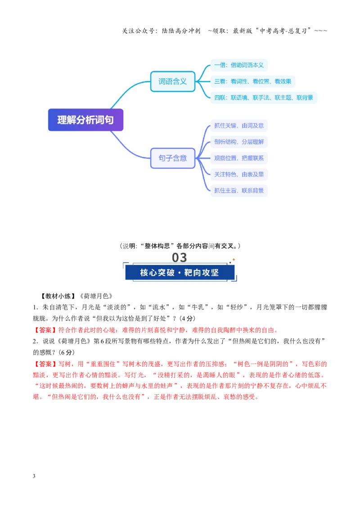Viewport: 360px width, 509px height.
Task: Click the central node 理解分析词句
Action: point(86,120)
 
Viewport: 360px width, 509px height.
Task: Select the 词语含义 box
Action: point(172,81)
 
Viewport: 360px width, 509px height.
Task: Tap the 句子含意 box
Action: point(172,158)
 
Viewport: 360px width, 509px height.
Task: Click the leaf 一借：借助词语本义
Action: point(239,65)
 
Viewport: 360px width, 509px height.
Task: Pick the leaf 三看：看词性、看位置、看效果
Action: point(252,81)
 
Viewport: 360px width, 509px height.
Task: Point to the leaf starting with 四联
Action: point(264,98)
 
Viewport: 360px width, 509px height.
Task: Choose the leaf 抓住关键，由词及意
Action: point(239,125)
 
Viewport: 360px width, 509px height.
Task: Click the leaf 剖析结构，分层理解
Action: point(239,142)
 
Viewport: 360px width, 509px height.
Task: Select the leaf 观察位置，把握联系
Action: point(239,158)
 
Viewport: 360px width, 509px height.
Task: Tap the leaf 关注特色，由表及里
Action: point(239,174)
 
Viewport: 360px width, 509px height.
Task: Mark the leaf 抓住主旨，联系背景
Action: point(239,191)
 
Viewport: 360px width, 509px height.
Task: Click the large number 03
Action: point(180,257)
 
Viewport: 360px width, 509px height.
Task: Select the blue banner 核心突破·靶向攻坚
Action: point(180,272)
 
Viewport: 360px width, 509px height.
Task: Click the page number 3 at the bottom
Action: point(34,476)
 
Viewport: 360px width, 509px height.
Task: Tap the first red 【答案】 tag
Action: point(45,330)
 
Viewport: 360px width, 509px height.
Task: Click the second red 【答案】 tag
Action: point(45,364)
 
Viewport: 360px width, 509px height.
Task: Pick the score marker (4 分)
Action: point(188,318)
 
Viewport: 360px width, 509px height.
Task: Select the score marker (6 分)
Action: point(67,353)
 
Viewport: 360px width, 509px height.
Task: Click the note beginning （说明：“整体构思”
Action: point(180,246)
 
